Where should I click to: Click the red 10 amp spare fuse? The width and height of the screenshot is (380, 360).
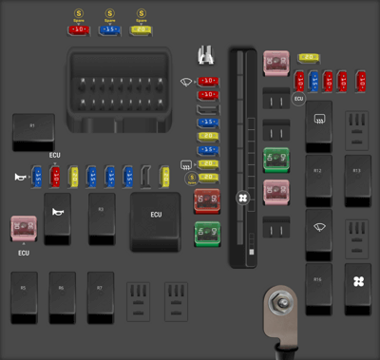coord(78,29)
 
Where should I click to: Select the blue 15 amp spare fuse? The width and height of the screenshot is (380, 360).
coord(110,29)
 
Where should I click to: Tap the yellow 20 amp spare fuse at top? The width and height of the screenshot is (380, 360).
coord(142,29)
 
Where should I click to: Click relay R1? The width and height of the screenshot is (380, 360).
coord(33,131)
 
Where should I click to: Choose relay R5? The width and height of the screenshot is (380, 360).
coord(25,294)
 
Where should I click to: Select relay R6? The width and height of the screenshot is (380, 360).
coord(63,294)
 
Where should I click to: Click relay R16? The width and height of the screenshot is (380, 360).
coord(319,288)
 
